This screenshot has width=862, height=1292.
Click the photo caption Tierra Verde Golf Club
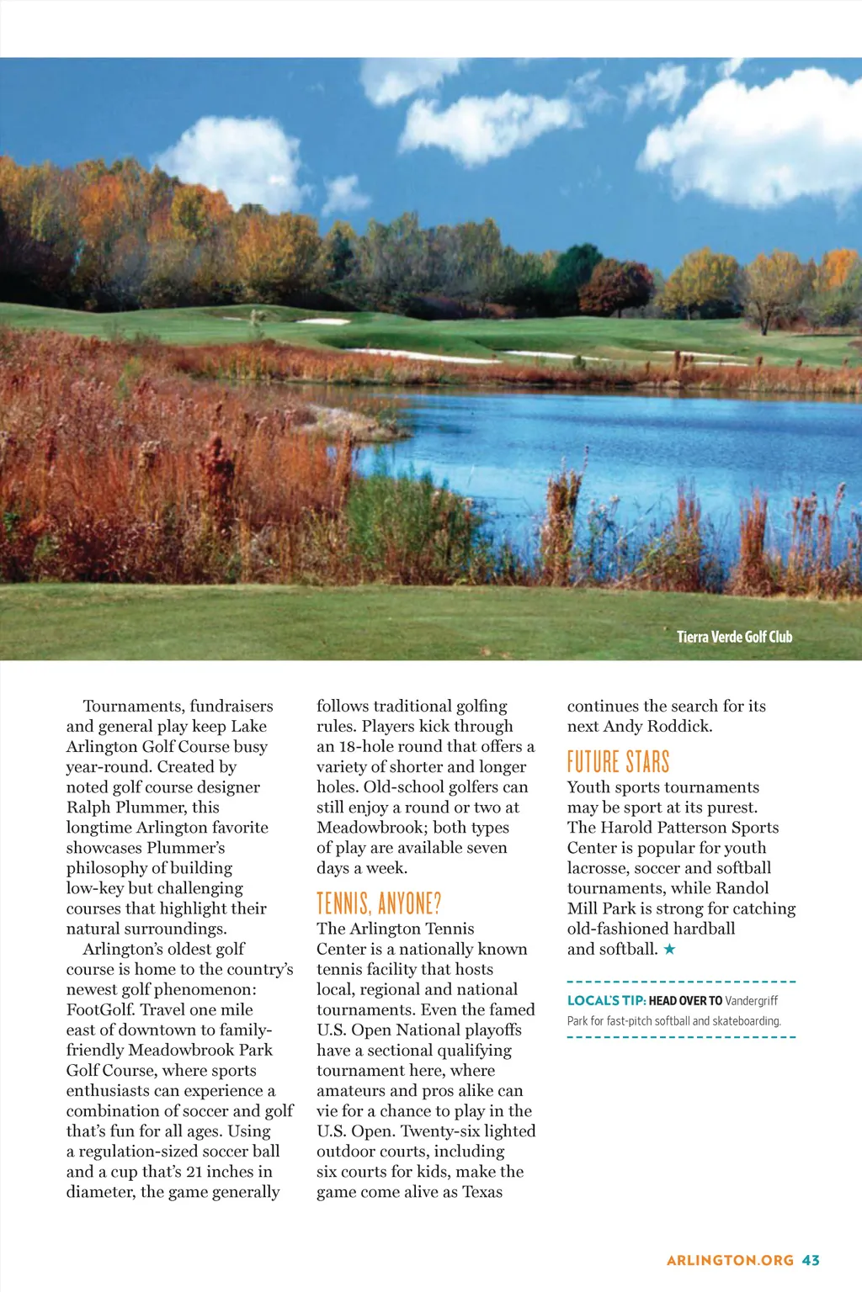coord(734,637)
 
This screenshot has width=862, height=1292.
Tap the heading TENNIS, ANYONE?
coord(379,904)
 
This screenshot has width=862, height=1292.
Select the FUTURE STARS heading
coord(618,762)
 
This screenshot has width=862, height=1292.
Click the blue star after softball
coord(669,950)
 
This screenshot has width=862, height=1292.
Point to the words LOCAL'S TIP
coord(606,1000)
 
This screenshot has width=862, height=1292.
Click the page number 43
coord(811,1260)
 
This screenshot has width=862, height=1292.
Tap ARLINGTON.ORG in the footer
coord(730,1260)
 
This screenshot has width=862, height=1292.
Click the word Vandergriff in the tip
coord(751,1000)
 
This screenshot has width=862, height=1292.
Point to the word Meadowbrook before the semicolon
coord(370,827)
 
